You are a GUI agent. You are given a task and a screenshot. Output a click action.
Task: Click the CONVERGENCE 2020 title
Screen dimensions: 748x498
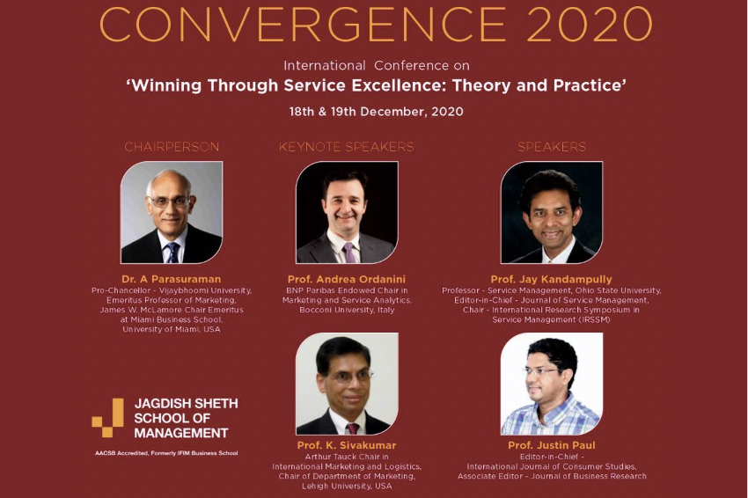(x=376, y=25)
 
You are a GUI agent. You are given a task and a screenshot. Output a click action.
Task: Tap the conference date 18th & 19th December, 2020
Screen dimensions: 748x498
(x=377, y=112)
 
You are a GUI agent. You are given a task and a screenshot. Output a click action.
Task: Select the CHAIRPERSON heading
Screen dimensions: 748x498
(x=172, y=147)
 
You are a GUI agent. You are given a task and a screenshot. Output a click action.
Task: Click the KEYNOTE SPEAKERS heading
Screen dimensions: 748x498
(x=347, y=147)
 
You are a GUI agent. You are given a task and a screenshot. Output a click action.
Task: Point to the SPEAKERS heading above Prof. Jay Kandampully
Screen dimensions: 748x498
(x=552, y=147)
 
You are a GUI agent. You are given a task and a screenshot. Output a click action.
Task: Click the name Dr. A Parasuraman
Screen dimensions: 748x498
(x=172, y=279)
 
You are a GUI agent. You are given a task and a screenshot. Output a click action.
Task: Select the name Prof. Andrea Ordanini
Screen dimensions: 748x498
(x=347, y=279)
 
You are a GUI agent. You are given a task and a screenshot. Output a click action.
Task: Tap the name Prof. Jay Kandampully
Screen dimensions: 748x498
(x=552, y=279)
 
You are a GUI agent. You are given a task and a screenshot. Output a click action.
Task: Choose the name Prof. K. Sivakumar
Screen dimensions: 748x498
(x=347, y=445)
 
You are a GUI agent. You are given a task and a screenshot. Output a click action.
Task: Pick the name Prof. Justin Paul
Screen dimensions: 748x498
(x=552, y=445)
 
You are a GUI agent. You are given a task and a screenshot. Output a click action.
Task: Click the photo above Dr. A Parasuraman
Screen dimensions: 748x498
(x=172, y=212)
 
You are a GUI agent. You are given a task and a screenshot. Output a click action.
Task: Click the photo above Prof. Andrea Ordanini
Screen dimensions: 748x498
(x=348, y=212)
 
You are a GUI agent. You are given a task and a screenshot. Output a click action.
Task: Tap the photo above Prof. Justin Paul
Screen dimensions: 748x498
(x=552, y=384)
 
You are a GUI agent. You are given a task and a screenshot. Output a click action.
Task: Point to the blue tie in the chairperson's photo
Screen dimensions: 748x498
(x=172, y=253)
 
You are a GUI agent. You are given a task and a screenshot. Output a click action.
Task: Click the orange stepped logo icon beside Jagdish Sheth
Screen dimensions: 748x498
(x=108, y=418)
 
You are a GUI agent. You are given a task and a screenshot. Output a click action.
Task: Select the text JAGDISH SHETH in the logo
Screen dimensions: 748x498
(x=187, y=404)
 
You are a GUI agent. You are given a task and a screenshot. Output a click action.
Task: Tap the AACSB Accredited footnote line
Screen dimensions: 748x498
(x=166, y=453)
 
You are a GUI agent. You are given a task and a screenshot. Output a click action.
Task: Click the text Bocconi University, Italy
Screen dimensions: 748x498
(x=347, y=310)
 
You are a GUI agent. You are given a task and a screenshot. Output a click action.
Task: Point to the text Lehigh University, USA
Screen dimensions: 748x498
(x=347, y=486)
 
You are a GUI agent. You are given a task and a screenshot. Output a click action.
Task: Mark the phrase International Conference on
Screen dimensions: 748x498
(x=377, y=65)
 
